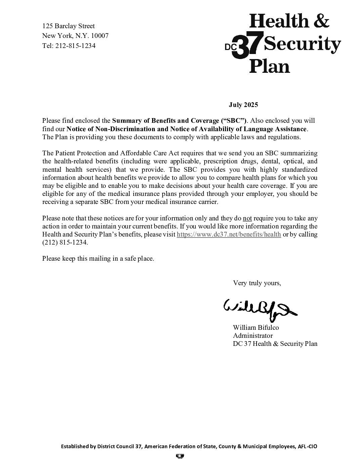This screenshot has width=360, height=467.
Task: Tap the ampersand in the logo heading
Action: pyautogui.click(x=320, y=21)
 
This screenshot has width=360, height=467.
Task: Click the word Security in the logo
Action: pyautogui.click(x=303, y=44)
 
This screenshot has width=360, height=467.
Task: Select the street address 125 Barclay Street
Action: pyautogui.click(x=69, y=26)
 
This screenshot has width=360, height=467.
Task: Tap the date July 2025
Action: pyautogui.click(x=243, y=105)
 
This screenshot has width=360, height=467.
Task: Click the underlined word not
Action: pyautogui.click(x=248, y=218)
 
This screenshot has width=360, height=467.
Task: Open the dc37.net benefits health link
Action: pyautogui.click(x=229, y=235)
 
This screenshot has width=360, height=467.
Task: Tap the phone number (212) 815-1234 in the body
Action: pyautogui.click(x=65, y=243)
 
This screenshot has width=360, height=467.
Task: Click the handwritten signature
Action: pyautogui.click(x=259, y=308)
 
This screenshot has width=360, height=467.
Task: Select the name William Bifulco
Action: pyautogui.click(x=256, y=327)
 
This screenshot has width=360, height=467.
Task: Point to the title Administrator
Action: pyautogui.click(x=253, y=335)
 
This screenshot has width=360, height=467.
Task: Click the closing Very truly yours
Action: pyautogui.click(x=257, y=283)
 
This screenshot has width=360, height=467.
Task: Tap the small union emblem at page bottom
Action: pyautogui.click(x=180, y=456)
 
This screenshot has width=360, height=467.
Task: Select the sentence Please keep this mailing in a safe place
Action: pyautogui.click(x=98, y=259)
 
